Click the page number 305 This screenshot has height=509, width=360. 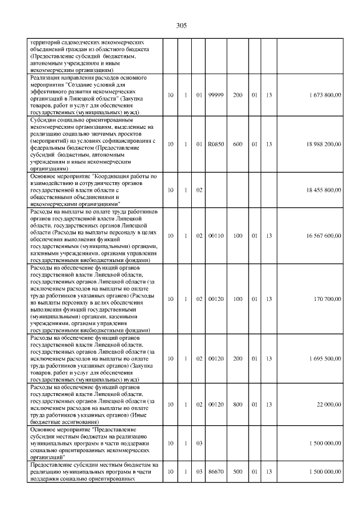(181, 26)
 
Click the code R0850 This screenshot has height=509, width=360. (215, 145)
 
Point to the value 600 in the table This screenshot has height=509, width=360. (237, 145)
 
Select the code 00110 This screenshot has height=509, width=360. (215, 236)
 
